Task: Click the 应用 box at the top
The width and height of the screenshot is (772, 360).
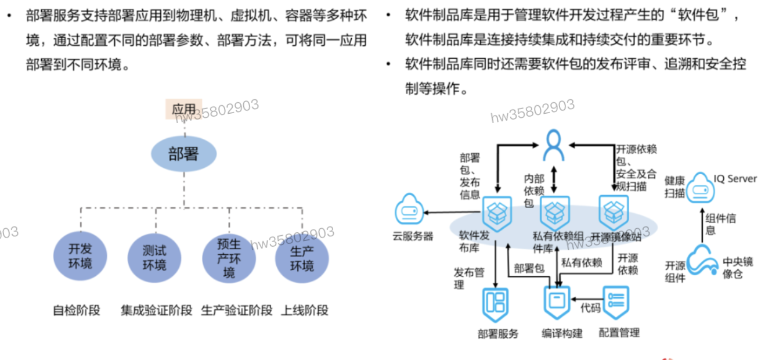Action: coord(184,109)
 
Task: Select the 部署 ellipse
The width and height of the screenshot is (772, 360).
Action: coord(184,154)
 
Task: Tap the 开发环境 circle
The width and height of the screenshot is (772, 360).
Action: coord(80,257)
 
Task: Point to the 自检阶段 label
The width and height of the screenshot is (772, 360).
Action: coord(77,311)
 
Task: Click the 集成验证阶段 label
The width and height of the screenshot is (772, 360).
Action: coord(156,311)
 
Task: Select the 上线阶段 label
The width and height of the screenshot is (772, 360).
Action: coord(305,311)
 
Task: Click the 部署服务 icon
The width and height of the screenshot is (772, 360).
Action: coord(495,303)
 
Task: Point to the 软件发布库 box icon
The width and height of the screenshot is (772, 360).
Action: coord(497,213)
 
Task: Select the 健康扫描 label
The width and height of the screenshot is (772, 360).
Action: coord(675,186)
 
